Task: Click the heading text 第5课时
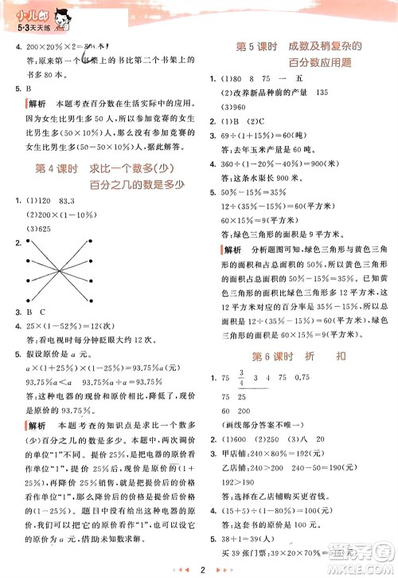(256, 47)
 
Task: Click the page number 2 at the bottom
(205, 569)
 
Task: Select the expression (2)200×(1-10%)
(63, 215)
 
